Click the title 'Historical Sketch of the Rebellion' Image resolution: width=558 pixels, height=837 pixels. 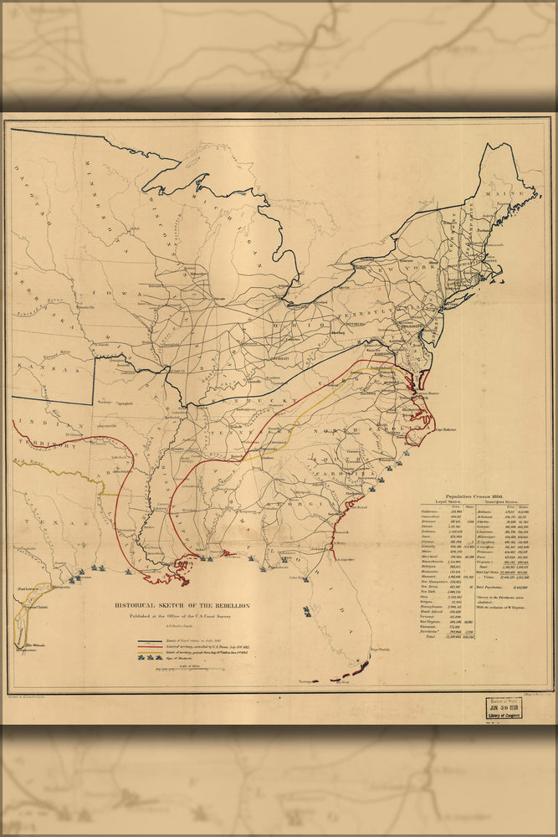tap(182, 605)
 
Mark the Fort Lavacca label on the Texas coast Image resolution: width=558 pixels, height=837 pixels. tap(31, 590)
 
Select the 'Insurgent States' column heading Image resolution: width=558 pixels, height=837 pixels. tap(514, 504)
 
